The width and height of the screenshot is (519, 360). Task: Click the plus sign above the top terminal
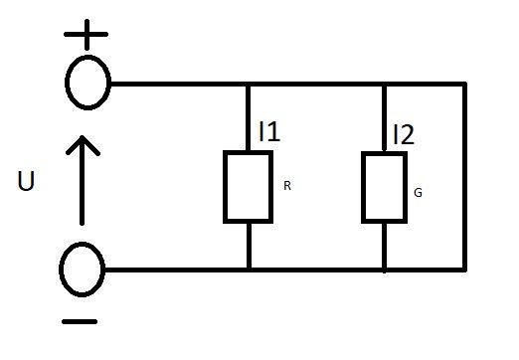pos(86,34)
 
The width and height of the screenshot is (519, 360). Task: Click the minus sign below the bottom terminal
pos(80,321)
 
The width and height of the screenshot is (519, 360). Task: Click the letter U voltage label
pos(26,181)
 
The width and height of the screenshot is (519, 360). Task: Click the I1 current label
pos(269,131)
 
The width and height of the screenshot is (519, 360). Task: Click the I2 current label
pos(404,134)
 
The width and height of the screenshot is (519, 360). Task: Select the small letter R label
pos(287,186)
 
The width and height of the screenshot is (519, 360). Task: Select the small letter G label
pos(418,193)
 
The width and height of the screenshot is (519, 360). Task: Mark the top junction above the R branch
pos(249,85)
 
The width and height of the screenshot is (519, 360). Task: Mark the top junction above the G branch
pos(384,85)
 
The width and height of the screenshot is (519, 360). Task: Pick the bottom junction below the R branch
pos(249,270)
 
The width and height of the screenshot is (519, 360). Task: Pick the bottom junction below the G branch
pos(385,270)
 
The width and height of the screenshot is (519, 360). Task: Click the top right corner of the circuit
pos(465,85)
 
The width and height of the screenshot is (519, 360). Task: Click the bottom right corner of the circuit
pos(465,270)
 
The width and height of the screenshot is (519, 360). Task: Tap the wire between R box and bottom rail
pos(249,246)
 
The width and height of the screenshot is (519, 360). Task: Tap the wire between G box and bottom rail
pos(385,246)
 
